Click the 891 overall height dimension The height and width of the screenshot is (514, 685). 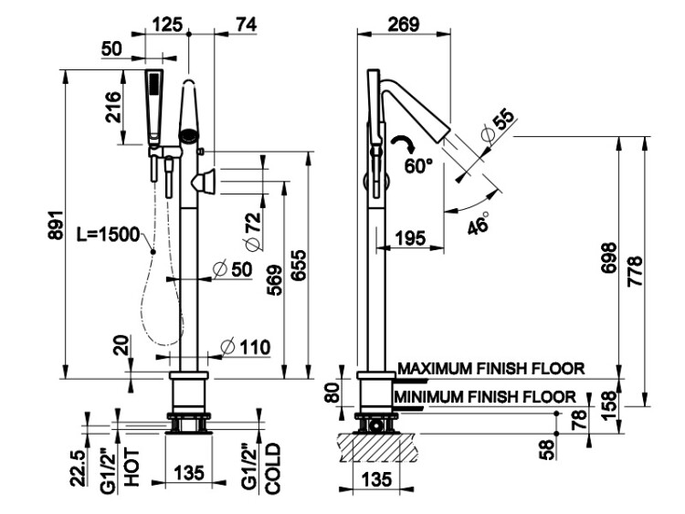56,226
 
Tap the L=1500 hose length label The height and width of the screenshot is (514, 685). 108,235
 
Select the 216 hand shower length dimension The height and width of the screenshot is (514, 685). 112,107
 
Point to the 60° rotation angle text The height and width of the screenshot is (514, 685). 418,165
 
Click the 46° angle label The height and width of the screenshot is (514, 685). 478,223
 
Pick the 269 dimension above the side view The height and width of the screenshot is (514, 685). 404,25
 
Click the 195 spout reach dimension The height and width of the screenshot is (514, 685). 410,238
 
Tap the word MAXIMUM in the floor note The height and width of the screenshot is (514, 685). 435,369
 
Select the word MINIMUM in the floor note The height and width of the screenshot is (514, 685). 428,396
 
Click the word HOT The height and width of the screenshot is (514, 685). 132,467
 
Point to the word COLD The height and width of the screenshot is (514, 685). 272,468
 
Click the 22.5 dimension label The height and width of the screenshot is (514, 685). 79,468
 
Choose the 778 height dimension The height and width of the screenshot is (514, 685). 636,271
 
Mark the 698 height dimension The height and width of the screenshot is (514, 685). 608,258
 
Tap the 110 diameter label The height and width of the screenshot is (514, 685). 246,348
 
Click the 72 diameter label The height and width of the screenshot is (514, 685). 253,231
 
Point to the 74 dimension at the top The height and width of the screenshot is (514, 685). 246,25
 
